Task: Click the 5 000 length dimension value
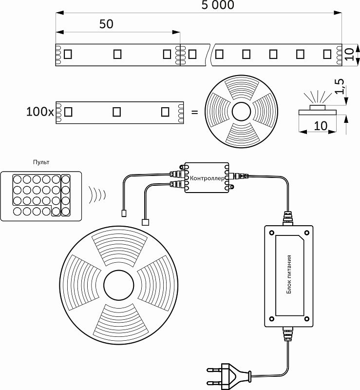tap(218, 5)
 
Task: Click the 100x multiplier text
tap(40, 112)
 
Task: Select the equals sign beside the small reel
tap(194, 112)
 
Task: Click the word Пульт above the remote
tap(41, 162)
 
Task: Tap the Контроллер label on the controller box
tap(207, 178)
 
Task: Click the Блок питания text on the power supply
tap(289, 274)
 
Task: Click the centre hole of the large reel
tap(119, 285)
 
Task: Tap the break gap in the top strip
tap(211, 54)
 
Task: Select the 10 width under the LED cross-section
tap(320, 126)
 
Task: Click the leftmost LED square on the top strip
tap(68, 54)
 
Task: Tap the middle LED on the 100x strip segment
tap(117, 112)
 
